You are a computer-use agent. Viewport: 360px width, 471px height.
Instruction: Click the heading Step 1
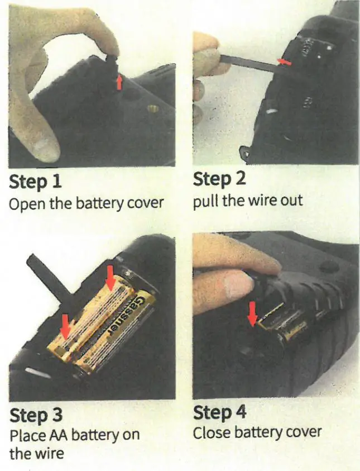pyautogui.click(x=35, y=183)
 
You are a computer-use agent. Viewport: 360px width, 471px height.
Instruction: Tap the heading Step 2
pyautogui.click(x=219, y=180)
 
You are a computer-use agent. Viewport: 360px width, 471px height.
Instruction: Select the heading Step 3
pyautogui.click(x=36, y=416)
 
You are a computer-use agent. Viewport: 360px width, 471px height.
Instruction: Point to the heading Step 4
pyautogui.click(x=219, y=413)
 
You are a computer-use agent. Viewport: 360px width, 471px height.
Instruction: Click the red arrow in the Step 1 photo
pyautogui.click(x=118, y=83)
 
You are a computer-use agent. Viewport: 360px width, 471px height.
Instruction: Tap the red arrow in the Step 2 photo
pyautogui.click(x=285, y=63)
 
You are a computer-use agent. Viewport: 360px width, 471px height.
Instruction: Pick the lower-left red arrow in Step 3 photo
pyautogui.click(x=66, y=326)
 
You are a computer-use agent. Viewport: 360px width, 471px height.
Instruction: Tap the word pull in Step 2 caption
pyautogui.click(x=205, y=200)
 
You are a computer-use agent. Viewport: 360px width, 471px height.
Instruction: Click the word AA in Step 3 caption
pyautogui.click(x=55, y=435)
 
